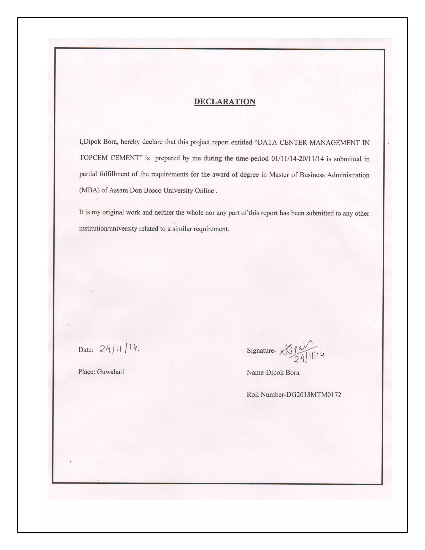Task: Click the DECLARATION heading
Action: pos(225,101)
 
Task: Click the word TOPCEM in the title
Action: pos(93,158)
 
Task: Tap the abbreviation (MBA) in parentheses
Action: pos(89,190)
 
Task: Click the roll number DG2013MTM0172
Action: pos(314,395)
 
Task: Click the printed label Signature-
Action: pos(261,351)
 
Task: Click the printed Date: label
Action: pos(86,350)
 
